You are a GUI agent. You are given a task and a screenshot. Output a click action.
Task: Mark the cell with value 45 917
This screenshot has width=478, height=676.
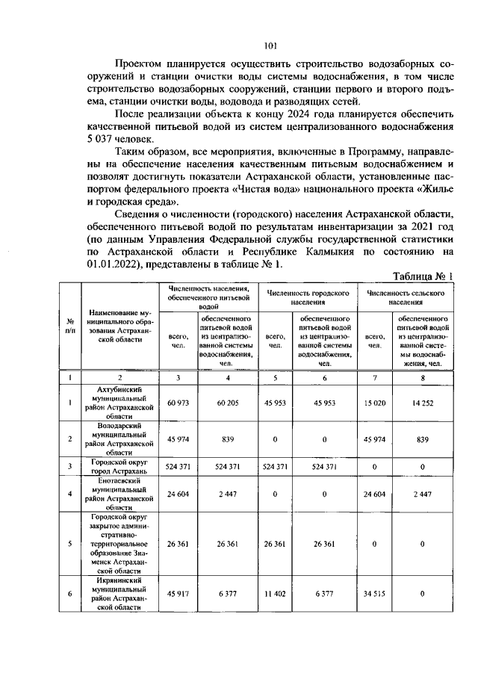(178, 594)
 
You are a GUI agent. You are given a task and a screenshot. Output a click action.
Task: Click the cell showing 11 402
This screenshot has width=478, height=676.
(276, 594)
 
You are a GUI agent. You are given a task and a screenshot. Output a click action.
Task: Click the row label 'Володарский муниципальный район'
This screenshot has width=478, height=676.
(119, 439)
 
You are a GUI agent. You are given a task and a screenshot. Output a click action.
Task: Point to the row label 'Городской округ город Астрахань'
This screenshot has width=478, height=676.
(119, 468)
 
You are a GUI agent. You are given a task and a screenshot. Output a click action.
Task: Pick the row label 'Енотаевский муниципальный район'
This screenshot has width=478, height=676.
(119, 494)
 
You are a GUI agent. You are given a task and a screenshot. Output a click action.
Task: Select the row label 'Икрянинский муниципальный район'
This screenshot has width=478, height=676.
(119, 594)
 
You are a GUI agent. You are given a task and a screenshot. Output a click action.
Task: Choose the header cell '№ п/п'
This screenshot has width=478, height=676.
(69, 326)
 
